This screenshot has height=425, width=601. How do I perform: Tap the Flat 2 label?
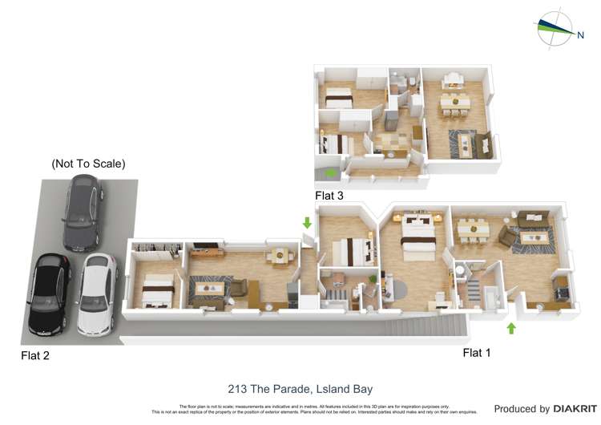tap(36, 355)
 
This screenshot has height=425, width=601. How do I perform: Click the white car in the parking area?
tap(95, 293)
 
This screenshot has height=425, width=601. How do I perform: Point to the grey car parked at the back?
tap(83, 213)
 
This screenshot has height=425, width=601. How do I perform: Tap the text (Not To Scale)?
tap(88, 164)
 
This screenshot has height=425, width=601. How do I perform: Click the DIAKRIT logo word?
tap(573, 409)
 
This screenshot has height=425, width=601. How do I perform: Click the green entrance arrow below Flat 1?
tap(511, 327)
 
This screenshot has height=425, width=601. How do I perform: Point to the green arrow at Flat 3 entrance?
tap(330, 173)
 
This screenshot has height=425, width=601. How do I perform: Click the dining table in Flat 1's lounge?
tap(473, 229)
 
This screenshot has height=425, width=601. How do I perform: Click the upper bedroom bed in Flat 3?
tap(338, 99)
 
